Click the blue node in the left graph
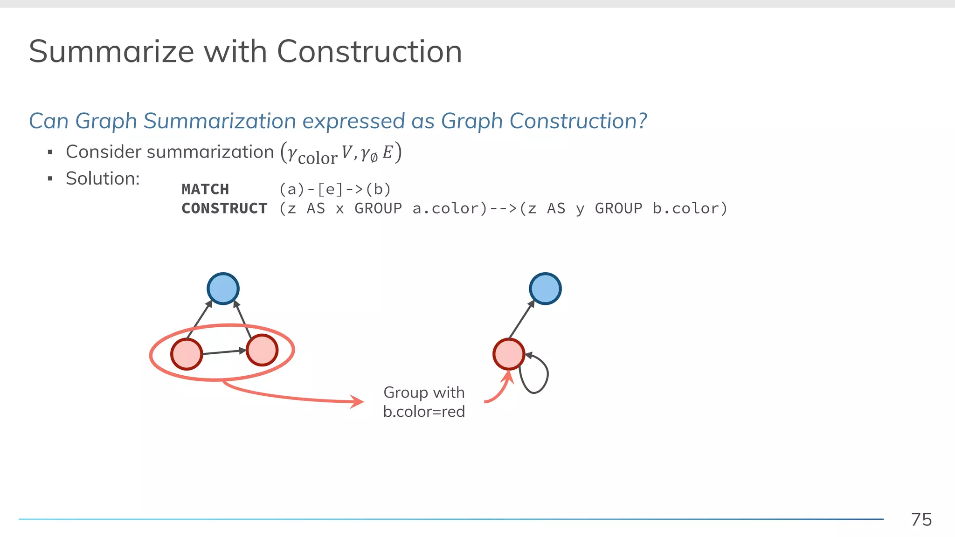[x=223, y=289]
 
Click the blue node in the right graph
[x=545, y=289]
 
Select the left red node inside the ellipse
[x=187, y=354]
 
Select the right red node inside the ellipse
[x=262, y=350]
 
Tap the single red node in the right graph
[x=509, y=354]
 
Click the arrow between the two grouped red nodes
[x=224, y=352]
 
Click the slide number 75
[x=921, y=519]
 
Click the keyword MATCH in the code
[x=205, y=189]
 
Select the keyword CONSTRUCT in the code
[x=224, y=208]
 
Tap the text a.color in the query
[x=450, y=208]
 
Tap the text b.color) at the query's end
[x=690, y=208]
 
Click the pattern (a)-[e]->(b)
[x=335, y=189]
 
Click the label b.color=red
[x=424, y=412]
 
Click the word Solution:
[x=103, y=179]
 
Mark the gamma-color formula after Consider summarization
[x=341, y=153]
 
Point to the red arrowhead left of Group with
[x=357, y=401]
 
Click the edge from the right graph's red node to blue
[x=522, y=319]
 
